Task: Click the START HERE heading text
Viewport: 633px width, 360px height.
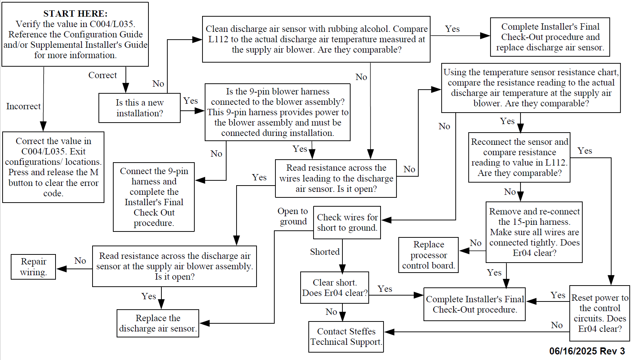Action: click(x=75, y=14)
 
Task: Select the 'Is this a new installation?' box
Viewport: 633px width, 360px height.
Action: click(x=140, y=108)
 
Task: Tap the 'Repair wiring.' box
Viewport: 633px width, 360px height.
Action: click(x=33, y=267)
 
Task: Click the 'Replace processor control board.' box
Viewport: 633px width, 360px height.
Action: click(x=428, y=255)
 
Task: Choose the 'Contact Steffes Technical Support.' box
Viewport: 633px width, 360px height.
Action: click(x=346, y=337)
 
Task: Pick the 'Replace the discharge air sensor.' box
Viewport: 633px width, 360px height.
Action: click(x=158, y=323)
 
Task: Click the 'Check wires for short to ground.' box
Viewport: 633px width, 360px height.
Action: click(x=347, y=223)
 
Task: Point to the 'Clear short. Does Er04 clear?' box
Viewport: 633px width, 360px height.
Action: click(x=335, y=288)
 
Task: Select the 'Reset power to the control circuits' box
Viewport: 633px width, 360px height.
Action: click(x=599, y=313)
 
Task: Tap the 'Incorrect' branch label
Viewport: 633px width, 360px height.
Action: click(x=23, y=106)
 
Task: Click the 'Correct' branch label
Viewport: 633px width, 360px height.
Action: click(x=103, y=75)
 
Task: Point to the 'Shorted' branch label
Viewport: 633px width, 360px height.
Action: click(x=325, y=252)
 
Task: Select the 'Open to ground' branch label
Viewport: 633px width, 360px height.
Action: click(x=293, y=216)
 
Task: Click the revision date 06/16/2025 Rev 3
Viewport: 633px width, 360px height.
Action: click(x=587, y=351)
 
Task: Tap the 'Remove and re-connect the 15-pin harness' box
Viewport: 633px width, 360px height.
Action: click(x=534, y=232)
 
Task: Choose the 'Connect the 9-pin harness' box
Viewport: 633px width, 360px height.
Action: click(x=154, y=197)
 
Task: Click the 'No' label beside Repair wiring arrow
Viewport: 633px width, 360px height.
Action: click(x=80, y=261)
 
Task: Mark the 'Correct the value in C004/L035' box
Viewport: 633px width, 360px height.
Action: click(x=53, y=167)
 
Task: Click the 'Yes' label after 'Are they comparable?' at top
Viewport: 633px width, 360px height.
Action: click(x=452, y=29)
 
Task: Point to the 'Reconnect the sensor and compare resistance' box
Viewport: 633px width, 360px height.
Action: click(x=519, y=157)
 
